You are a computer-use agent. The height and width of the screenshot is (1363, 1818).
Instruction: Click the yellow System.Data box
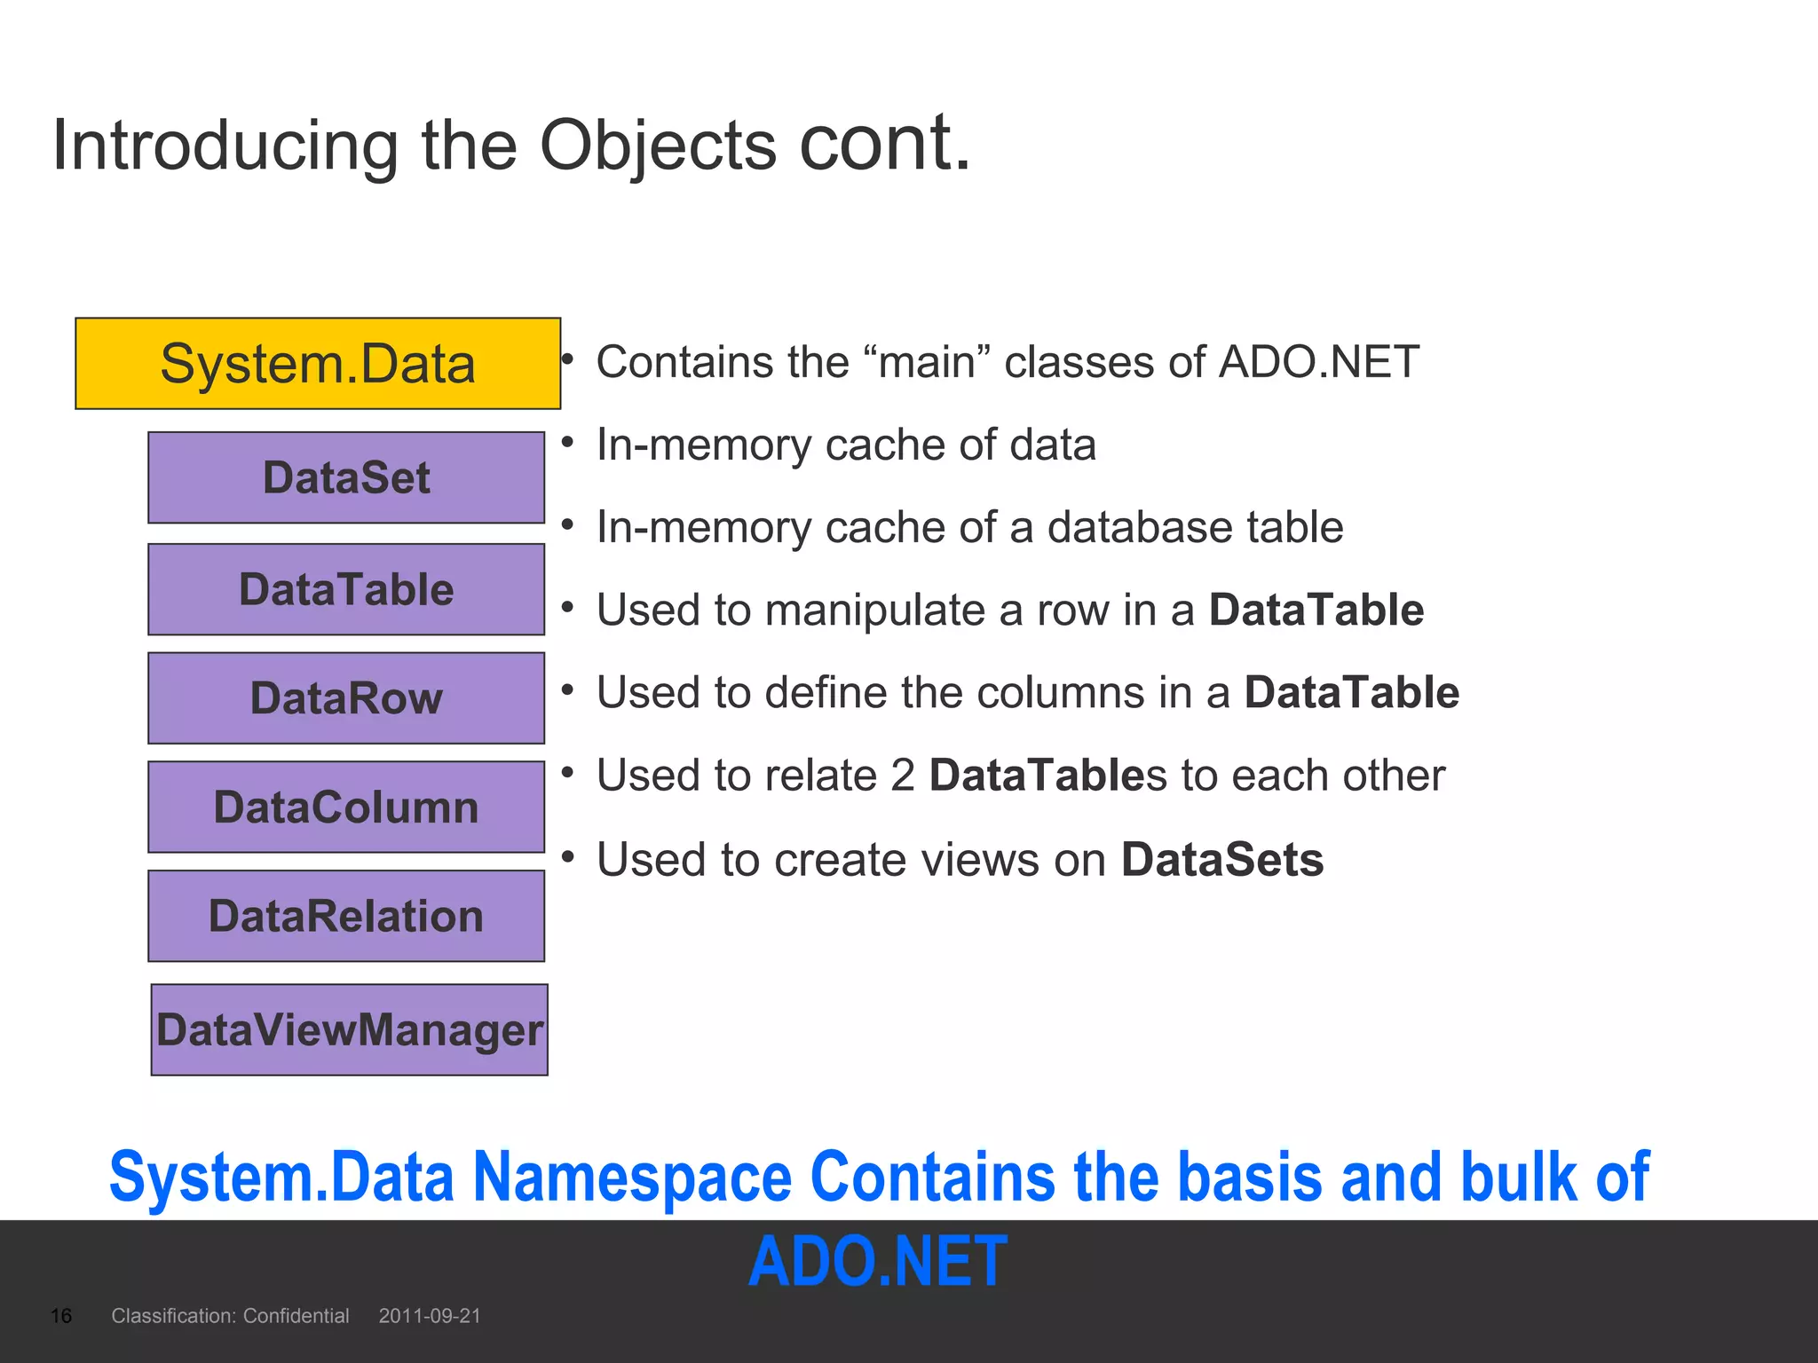pyautogui.click(x=318, y=364)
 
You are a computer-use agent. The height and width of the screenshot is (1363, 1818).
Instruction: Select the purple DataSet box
pyautogui.click(x=346, y=477)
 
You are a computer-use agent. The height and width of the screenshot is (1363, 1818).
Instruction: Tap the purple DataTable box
pyautogui.click(x=346, y=589)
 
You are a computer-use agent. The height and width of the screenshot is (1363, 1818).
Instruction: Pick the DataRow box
pyautogui.click(x=346, y=698)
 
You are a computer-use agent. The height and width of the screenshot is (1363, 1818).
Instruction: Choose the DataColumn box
pyautogui.click(x=346, y=808)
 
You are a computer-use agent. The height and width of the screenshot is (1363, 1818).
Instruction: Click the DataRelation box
pyautogui.click(x=346, y=916)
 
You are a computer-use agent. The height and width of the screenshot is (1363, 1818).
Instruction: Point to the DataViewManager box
pyautogui.click(x=349, y=1030)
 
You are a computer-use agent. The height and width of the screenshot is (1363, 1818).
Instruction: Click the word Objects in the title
pyautogui.click(x=658, y=145)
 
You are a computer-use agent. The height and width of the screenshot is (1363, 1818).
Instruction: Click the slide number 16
pyautogui.click(x=61, y=1316)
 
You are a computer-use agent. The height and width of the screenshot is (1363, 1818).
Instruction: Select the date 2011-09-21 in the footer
pyautogui.click(x=430, y=1316)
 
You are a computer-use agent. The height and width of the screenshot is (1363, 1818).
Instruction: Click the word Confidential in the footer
pyautogui.click(x=296, y=1316)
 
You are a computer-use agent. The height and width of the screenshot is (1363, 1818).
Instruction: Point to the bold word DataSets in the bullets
pyautogui.click(x=1222, y=860)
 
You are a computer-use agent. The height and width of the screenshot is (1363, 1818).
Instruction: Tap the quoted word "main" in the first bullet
pyautogui.click(x=925, y=362)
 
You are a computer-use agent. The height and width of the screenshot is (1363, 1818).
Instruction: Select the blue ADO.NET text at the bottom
pyautogui.click(x=878, y=1261)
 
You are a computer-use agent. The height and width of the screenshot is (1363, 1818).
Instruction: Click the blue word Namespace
pyautogui.click(x=632, y=1177)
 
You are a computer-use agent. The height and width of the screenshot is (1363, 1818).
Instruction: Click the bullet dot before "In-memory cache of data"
pyautogui.click(x=568, y=441)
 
